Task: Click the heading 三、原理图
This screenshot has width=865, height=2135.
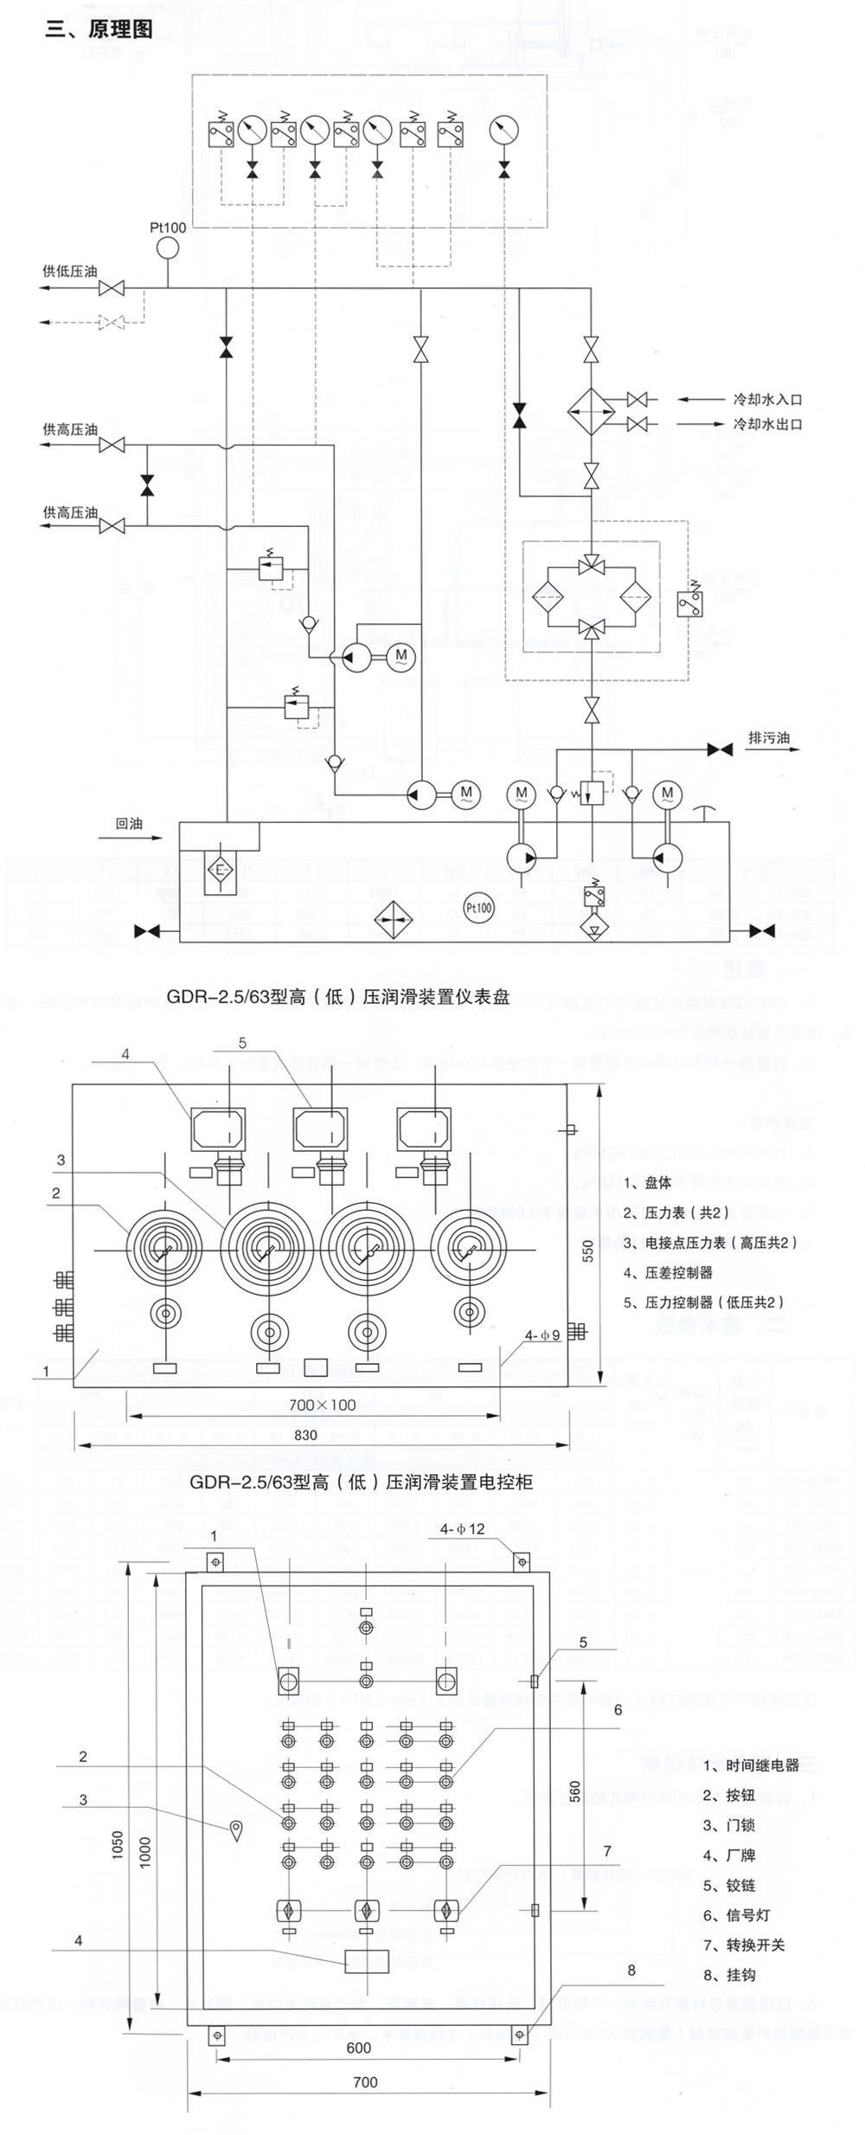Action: click(x=99, y=29)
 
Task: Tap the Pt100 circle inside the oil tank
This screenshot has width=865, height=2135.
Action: click(x=478, y=908)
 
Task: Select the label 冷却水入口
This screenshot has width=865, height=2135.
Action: click(x=767, y=400)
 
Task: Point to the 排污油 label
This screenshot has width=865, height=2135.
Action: click(x=768, y=738)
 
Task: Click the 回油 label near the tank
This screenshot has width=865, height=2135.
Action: click(x=129, y=823)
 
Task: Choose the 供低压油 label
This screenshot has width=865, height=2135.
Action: click(x=70, y=272)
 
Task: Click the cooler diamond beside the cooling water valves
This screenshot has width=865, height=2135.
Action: click(x=591, y=411)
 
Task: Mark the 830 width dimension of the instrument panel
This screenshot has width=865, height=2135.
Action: click(x=305, y=1435)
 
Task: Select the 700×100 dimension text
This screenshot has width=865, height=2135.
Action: click(x=322, y=1405)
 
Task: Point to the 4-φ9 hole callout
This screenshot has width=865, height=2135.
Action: click(x=542, y=1335)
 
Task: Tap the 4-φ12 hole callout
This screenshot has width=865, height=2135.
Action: click(x=462, y=1529)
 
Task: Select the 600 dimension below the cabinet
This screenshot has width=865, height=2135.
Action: click(x=358, y=2048)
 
